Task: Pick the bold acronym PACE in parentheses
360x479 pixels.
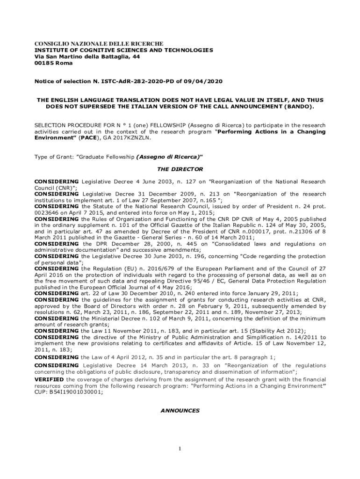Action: (x=87, y=138)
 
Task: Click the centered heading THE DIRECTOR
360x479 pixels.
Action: (x=180, y=169)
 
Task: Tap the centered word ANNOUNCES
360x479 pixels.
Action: (x=180, y=411)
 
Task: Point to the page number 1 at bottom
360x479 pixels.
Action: (x=180, y=450)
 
